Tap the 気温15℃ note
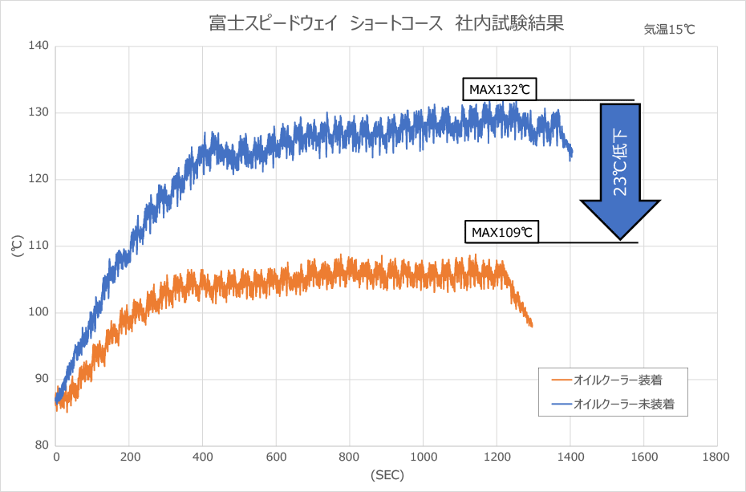(669, 30)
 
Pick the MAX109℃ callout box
(501, 233)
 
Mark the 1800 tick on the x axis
(716, 457)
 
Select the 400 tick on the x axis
(203, 457)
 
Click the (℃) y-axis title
(17, 246)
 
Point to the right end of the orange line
(531, 326)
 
